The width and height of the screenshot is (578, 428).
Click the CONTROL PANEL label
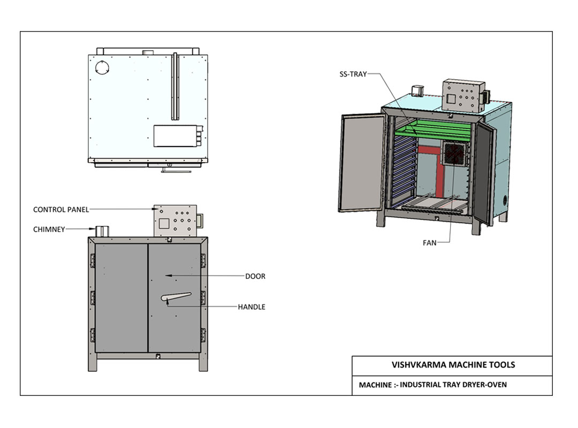coord(61,210)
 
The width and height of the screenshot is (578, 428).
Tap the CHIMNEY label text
coord(49,230)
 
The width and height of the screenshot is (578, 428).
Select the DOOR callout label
coord(255,277)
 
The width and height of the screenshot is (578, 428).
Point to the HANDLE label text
coord(252,307)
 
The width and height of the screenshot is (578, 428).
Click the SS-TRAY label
coord(353,74)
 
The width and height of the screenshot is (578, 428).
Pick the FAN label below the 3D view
coord(429,243)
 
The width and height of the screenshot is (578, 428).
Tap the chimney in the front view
coord(102,232)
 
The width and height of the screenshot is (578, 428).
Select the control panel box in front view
coord(175,220)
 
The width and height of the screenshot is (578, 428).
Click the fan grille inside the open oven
coord(455,154)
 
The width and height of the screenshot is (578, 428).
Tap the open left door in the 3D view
coord(361,163)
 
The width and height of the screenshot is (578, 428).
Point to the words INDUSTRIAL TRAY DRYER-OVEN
coord(453,385)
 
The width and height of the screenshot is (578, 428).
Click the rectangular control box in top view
coord(174,136)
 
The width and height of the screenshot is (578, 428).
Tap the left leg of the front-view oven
coord(92,363)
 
